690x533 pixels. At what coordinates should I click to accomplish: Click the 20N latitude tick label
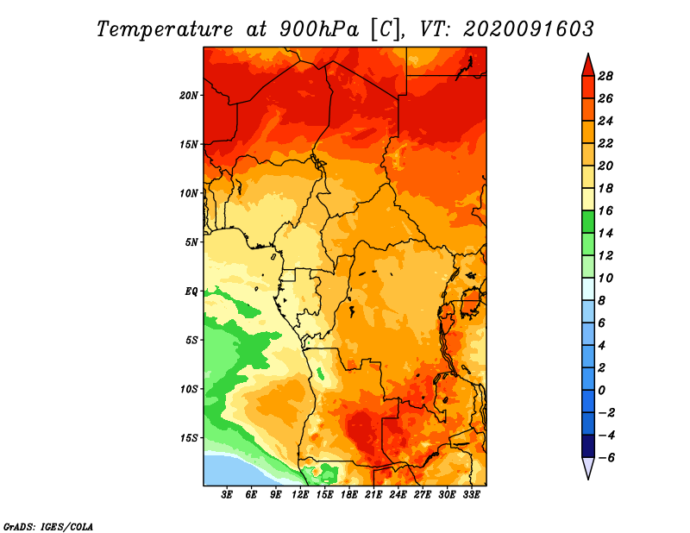pyautogui.click(x=189, y=96)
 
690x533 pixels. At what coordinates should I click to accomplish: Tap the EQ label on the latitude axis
pyautogui.click(x=191, y=292)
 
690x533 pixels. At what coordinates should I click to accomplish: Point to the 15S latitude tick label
pyautogui.click(x=189, y=438)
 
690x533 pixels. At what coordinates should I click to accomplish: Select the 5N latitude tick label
pyautogui.click(x=191, y=242)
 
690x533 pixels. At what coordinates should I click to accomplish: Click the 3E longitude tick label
pyautogui.click(x=227, y=495)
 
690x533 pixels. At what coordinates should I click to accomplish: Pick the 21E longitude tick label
pyautogui.click(x=373, y=495)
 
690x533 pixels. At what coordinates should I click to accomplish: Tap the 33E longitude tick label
pyautogui.click(x=471, y=495)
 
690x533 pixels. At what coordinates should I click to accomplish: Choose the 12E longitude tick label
pyautogui.click(x=300, y=495)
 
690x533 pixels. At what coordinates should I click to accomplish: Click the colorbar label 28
pyautogui.click(x=605, y=76)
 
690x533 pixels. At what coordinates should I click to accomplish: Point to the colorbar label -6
pyautogui.click(x=606, y=458)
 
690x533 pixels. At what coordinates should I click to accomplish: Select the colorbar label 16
pyautogui.click(x=605, y=210)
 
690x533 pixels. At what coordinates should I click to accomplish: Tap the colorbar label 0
pyautogui.click(x=602, y=391)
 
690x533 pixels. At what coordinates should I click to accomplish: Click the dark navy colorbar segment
pyautogui.click(x=588, y=446)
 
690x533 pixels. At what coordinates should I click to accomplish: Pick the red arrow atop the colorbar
pyautogui.click(x=588, y=66)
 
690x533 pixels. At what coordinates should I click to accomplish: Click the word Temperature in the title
pyautogui.click(x=165, y=29)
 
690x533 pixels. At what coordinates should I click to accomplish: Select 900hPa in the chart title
pyautogui.click(x=319, y=29)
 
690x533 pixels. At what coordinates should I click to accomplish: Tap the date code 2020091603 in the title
pyautogui.click(x=529, y=29)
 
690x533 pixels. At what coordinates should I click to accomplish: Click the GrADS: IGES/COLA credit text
pyautogui.click(x=48, y=527)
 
